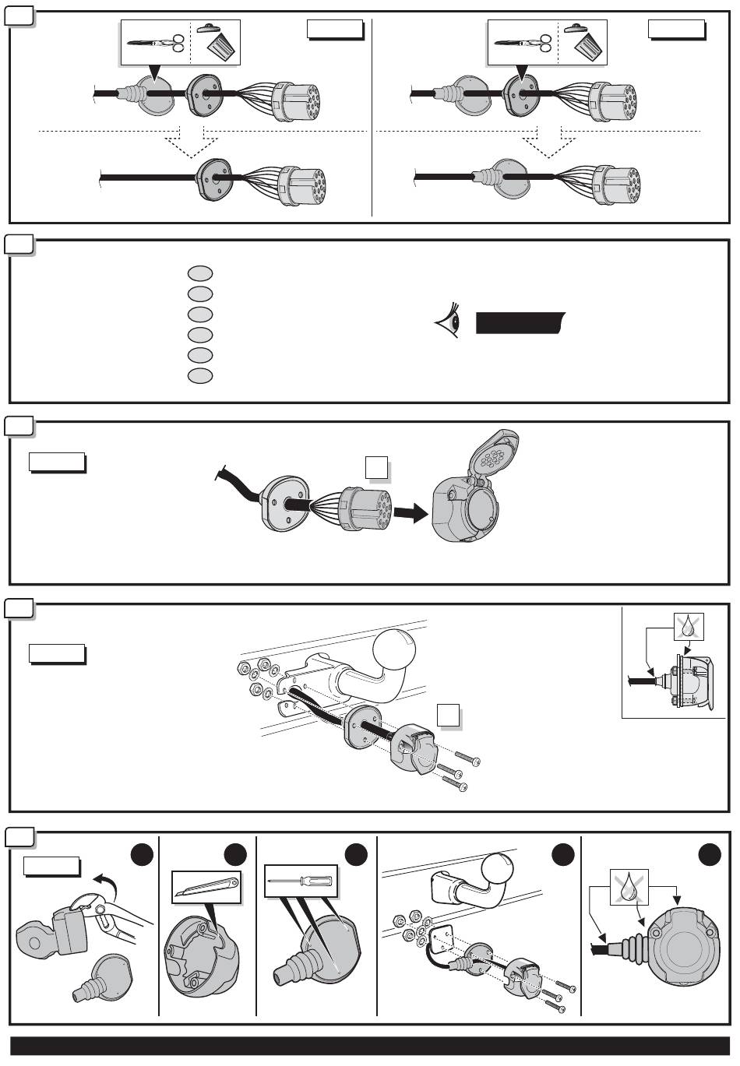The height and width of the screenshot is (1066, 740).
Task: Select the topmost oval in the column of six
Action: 200,273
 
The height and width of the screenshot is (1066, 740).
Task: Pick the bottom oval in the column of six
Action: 200,376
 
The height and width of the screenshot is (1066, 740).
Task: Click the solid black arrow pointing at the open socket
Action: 411,513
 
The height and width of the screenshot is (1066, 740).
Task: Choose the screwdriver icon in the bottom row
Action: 301,881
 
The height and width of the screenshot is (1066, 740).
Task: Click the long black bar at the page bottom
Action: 370,1046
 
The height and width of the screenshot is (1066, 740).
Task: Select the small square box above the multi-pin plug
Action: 375,467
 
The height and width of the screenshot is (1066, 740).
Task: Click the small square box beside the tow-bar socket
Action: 447,716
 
